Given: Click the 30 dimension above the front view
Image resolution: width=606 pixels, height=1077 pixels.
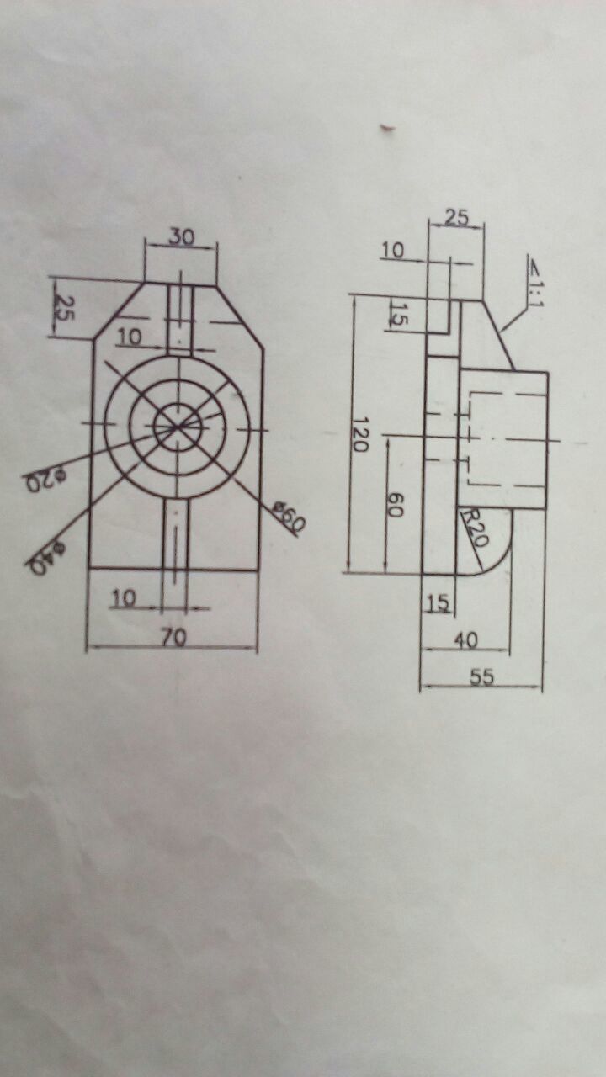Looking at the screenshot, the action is [180, 237].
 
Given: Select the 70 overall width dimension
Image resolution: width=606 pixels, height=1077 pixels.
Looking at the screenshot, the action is [173, 638].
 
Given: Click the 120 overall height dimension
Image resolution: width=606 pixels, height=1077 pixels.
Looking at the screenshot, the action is [360, 434].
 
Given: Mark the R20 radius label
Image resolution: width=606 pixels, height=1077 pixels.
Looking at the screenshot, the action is [473, 528].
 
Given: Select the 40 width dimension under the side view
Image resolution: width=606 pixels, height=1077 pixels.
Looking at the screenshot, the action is [465, 640].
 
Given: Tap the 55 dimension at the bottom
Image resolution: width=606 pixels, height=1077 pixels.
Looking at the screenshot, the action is [481, 677].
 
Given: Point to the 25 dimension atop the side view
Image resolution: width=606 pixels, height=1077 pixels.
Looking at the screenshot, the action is [455, 216].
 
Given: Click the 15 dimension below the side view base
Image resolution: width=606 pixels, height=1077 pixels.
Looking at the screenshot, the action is [437, 602].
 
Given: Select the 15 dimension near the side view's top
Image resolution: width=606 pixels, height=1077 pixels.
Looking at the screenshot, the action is [399, 316].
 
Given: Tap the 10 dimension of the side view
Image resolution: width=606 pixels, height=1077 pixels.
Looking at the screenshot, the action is [392, 250].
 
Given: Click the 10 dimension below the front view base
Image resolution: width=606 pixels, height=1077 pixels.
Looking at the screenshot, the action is [124, 597].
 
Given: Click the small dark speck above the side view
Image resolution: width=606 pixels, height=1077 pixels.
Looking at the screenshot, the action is [387, 129].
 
